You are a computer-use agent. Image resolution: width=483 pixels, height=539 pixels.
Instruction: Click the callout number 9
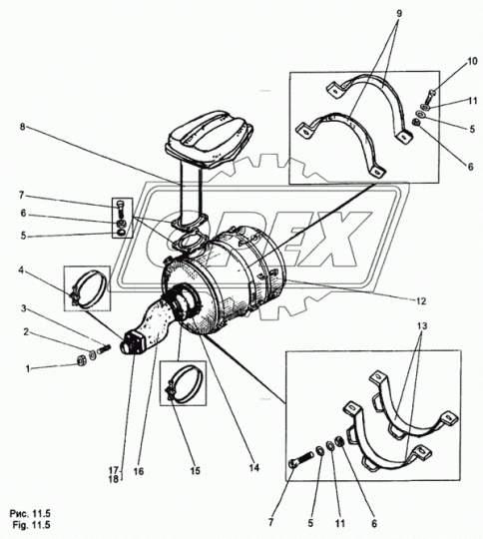tap(399, 13)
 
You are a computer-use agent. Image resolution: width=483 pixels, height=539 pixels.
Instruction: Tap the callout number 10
tap(472, 61)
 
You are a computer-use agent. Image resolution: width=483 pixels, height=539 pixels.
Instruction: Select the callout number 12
tap(421, 301)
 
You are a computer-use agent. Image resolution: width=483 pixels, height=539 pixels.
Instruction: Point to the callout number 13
tap(422, 325)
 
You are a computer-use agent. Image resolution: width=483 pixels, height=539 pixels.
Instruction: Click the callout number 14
tap(254, 467)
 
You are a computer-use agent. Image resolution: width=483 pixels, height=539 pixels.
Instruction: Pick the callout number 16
tap(139, 471)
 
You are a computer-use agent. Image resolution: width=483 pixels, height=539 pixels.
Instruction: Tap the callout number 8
tap(23, 127)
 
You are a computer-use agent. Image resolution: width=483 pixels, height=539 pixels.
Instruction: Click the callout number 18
tap(114, 478)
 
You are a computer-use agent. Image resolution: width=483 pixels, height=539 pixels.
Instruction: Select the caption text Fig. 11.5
tap(31, 525)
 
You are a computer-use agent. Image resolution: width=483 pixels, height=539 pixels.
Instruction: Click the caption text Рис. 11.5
tap(30, 514)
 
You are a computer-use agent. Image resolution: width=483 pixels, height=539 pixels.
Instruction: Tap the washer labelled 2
tap(93, 355)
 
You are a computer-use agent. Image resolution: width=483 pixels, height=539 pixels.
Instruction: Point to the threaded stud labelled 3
tap(104, 349)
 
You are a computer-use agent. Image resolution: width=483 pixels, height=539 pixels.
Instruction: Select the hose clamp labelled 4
tap(87, 288)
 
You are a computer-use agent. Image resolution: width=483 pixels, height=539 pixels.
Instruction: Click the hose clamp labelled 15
tap(184, 383)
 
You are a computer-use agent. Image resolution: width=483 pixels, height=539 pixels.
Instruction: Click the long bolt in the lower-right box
tap(300, 460)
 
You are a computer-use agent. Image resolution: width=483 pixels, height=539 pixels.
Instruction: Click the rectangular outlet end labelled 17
tap(133, 343)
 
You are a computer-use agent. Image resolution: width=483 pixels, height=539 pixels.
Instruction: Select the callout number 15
tap(195, 471)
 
